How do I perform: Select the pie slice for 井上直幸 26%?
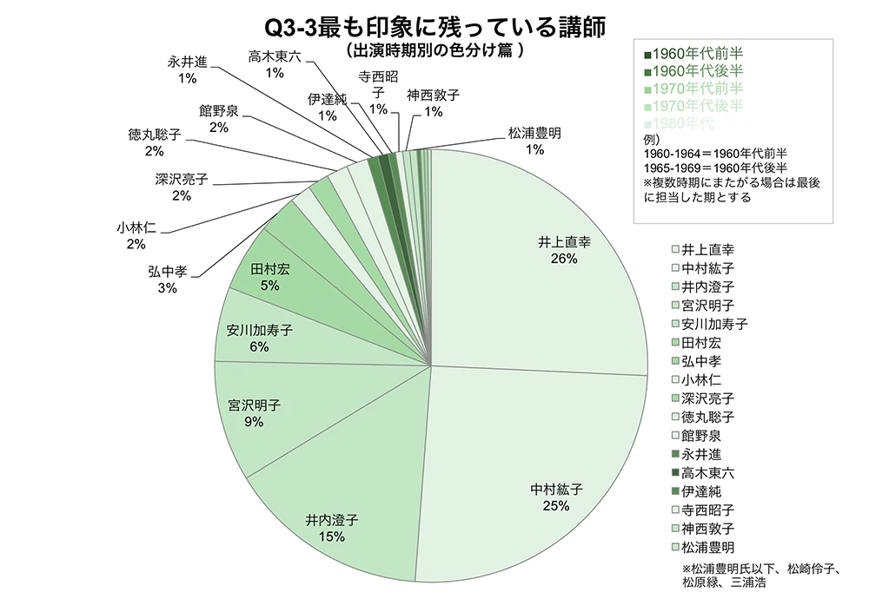556,252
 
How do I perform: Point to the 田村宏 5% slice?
270,277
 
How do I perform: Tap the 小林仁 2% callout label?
136,236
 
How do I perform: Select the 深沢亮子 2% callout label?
182,188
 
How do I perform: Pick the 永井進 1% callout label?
187,69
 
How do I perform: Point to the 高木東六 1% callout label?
275,64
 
